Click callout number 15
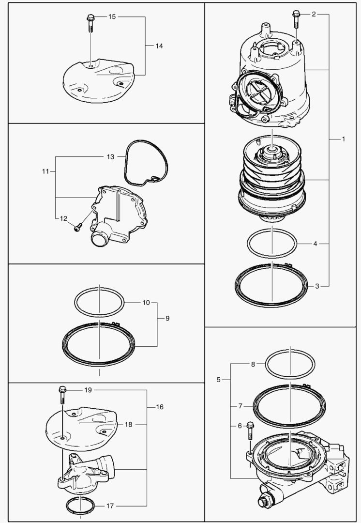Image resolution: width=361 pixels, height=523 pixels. pyautogui.click(x=112, y=16)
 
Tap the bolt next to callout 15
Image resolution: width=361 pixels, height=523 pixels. pyautogui.click(x=90, y=23)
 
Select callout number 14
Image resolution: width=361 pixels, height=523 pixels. pyautogui.click(x=159, y=46)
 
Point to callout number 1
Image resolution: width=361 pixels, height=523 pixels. pyautogui.click(x=344, y=139)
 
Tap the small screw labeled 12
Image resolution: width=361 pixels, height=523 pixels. pyautogui.click(x=77, y=228)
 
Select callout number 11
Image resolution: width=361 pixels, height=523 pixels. pyautogui.click(x=45, y=171)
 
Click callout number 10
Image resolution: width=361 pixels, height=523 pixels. pyautogui.click(x=146, y=303)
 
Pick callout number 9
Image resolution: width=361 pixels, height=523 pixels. pyautogui.click(x=167, y=318)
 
